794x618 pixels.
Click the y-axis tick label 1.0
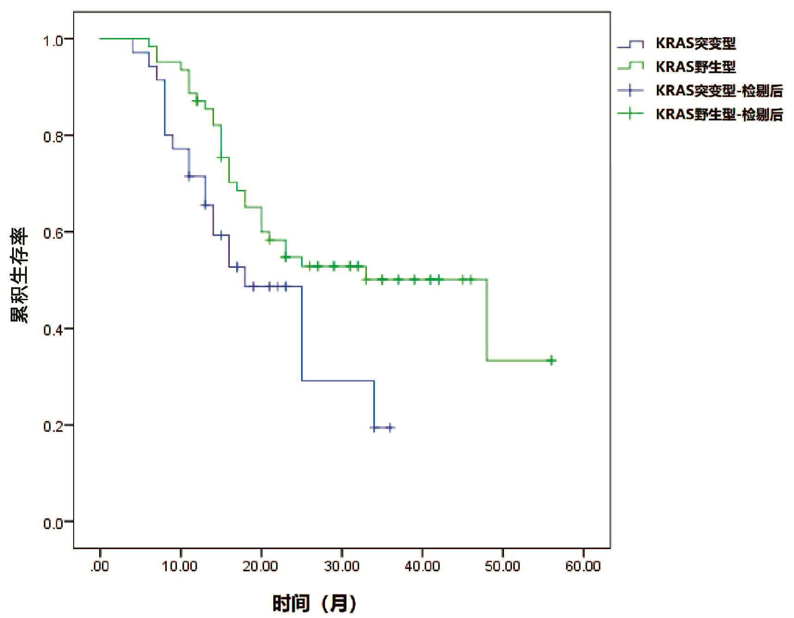click(52, 41)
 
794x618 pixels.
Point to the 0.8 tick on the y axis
click(52, 137)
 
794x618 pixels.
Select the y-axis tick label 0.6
click(52, 233)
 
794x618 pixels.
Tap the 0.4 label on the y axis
click(52, 330)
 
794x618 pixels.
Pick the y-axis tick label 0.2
click(52, 426)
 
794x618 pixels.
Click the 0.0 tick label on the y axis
click(52, 523)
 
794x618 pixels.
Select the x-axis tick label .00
click(100, 566)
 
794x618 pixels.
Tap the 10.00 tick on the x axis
click(180, 566)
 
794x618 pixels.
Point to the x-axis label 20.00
click(260, 566)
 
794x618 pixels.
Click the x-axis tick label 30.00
click(341, 566)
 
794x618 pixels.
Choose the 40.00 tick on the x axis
click(422, 566)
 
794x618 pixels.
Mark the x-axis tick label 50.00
click(503, 566)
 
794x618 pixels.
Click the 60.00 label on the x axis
click(583, 566)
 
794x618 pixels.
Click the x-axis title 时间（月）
click(315, 604)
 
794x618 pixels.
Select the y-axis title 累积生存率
click(19, 275)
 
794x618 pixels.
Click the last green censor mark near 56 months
click(551, 360)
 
